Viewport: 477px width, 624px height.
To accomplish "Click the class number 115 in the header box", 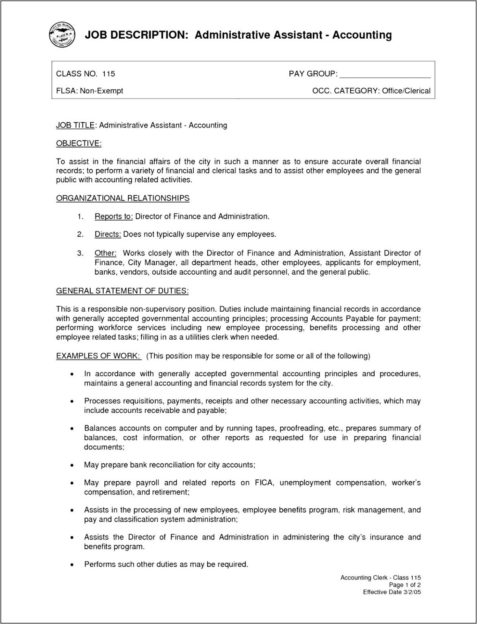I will click(108, 74).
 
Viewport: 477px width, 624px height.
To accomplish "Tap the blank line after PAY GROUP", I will click(384, 74).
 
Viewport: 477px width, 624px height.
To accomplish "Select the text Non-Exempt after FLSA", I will click(101, 91).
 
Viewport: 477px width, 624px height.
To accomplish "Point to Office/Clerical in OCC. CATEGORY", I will click(406, 91).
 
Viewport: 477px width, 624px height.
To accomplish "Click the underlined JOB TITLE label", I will click(75, 125).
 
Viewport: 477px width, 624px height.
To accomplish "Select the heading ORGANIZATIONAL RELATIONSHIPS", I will click(123, 198).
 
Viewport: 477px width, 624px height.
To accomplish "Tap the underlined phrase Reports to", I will click(113, 217).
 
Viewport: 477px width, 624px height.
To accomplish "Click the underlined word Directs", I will click(108, 234).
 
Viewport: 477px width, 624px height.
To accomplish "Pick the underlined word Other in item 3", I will click(105, 253).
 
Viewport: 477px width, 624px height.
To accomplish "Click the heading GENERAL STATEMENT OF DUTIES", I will click(122, 291).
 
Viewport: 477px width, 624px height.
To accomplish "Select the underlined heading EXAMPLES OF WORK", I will click(98, 356).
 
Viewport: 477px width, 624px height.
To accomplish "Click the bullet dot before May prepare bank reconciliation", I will click(72, 465).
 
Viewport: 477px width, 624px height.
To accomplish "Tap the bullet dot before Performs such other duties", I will click(72, 565).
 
